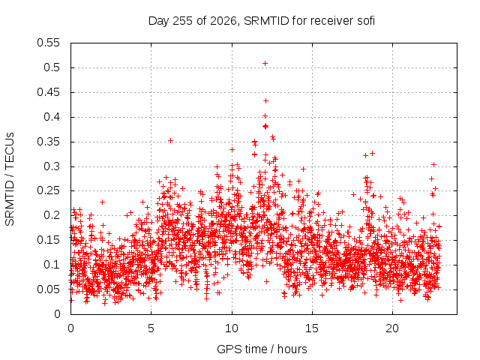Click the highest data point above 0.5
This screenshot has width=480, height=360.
pyautogui.click(x=265, y=63)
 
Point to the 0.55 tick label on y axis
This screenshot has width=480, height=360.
pyautogui.click(x=48, y=43)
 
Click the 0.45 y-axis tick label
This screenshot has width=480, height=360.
pyautogui.click(x=48, y=92)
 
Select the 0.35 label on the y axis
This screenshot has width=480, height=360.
pyautogui.click(x=48, y=142)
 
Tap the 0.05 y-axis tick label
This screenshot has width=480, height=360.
pyautogui.click(x=48, y=289)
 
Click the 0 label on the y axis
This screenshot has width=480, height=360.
pyautogui.click(x=57, y=314)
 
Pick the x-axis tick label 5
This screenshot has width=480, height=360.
pyautogui.click(x=151, y=328)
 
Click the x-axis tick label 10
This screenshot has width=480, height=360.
pyautogui.click(x=232, y=328)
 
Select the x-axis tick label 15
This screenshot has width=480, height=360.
pyautogui.click(x=312, y=328)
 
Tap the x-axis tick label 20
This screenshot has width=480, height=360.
pyautogui.click(x=392, y=328)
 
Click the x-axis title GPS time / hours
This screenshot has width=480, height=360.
pyautogui.click(x=262, y=349)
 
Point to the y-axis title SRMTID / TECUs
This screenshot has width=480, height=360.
pyautogui.click(x=10, y=179)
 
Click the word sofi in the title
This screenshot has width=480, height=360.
pyautogui.click(x=366, y=21)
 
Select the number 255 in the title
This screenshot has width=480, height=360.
pyautogui.click(x=183, y=21)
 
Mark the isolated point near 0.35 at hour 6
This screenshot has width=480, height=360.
pyautogui.click(x=170, y=140)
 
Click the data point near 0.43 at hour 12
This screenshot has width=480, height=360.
pyautogui.click(x=265, y=100)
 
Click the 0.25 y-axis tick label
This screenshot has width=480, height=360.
pyautogui.click(x=48, y=190)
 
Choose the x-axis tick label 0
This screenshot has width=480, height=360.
pyautogui.click(x=70, y=328)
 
